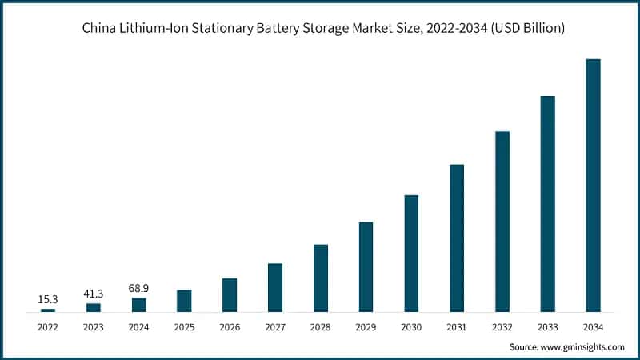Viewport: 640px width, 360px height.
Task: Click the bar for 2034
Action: pyautogui.click(x=593, y=185)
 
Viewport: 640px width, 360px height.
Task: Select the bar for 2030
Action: pyautogui.click(x=411, y=253)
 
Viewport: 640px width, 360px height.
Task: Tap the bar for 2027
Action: pyautogui.click(x=275, y=287)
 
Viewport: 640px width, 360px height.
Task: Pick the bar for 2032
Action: pyautogui.click(x=502, y=221)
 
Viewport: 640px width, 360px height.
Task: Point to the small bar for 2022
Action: pyautogui.click(x=48, y=310)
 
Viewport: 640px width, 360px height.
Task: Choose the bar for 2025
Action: pyautogui.click(x=184, y=301)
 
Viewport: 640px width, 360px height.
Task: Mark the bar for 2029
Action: pyautogui.click(x=366, y=266)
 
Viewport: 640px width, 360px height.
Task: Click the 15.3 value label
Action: pyautogui.click(x=48, y=299)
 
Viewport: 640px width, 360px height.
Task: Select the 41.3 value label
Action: pyautogui.click(x=94, y=294)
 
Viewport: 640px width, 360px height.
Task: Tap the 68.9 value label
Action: pyautogui.click(x=139, y=288)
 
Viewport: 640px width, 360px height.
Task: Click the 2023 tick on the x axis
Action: pyautogui.click(x=94, y=326)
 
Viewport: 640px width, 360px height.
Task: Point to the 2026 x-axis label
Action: pyautogui.click(x=230, y=326)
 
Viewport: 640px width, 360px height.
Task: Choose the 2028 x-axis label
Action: pyautogui.click(x=321, y=326)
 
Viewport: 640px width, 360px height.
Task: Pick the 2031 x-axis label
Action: pyautogui.click(x=457, y=326)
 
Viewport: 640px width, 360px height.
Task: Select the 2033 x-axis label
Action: pyautogui.click(x=548, y=326)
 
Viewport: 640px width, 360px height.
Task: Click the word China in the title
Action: pyautogui.click(x=98, y=29)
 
